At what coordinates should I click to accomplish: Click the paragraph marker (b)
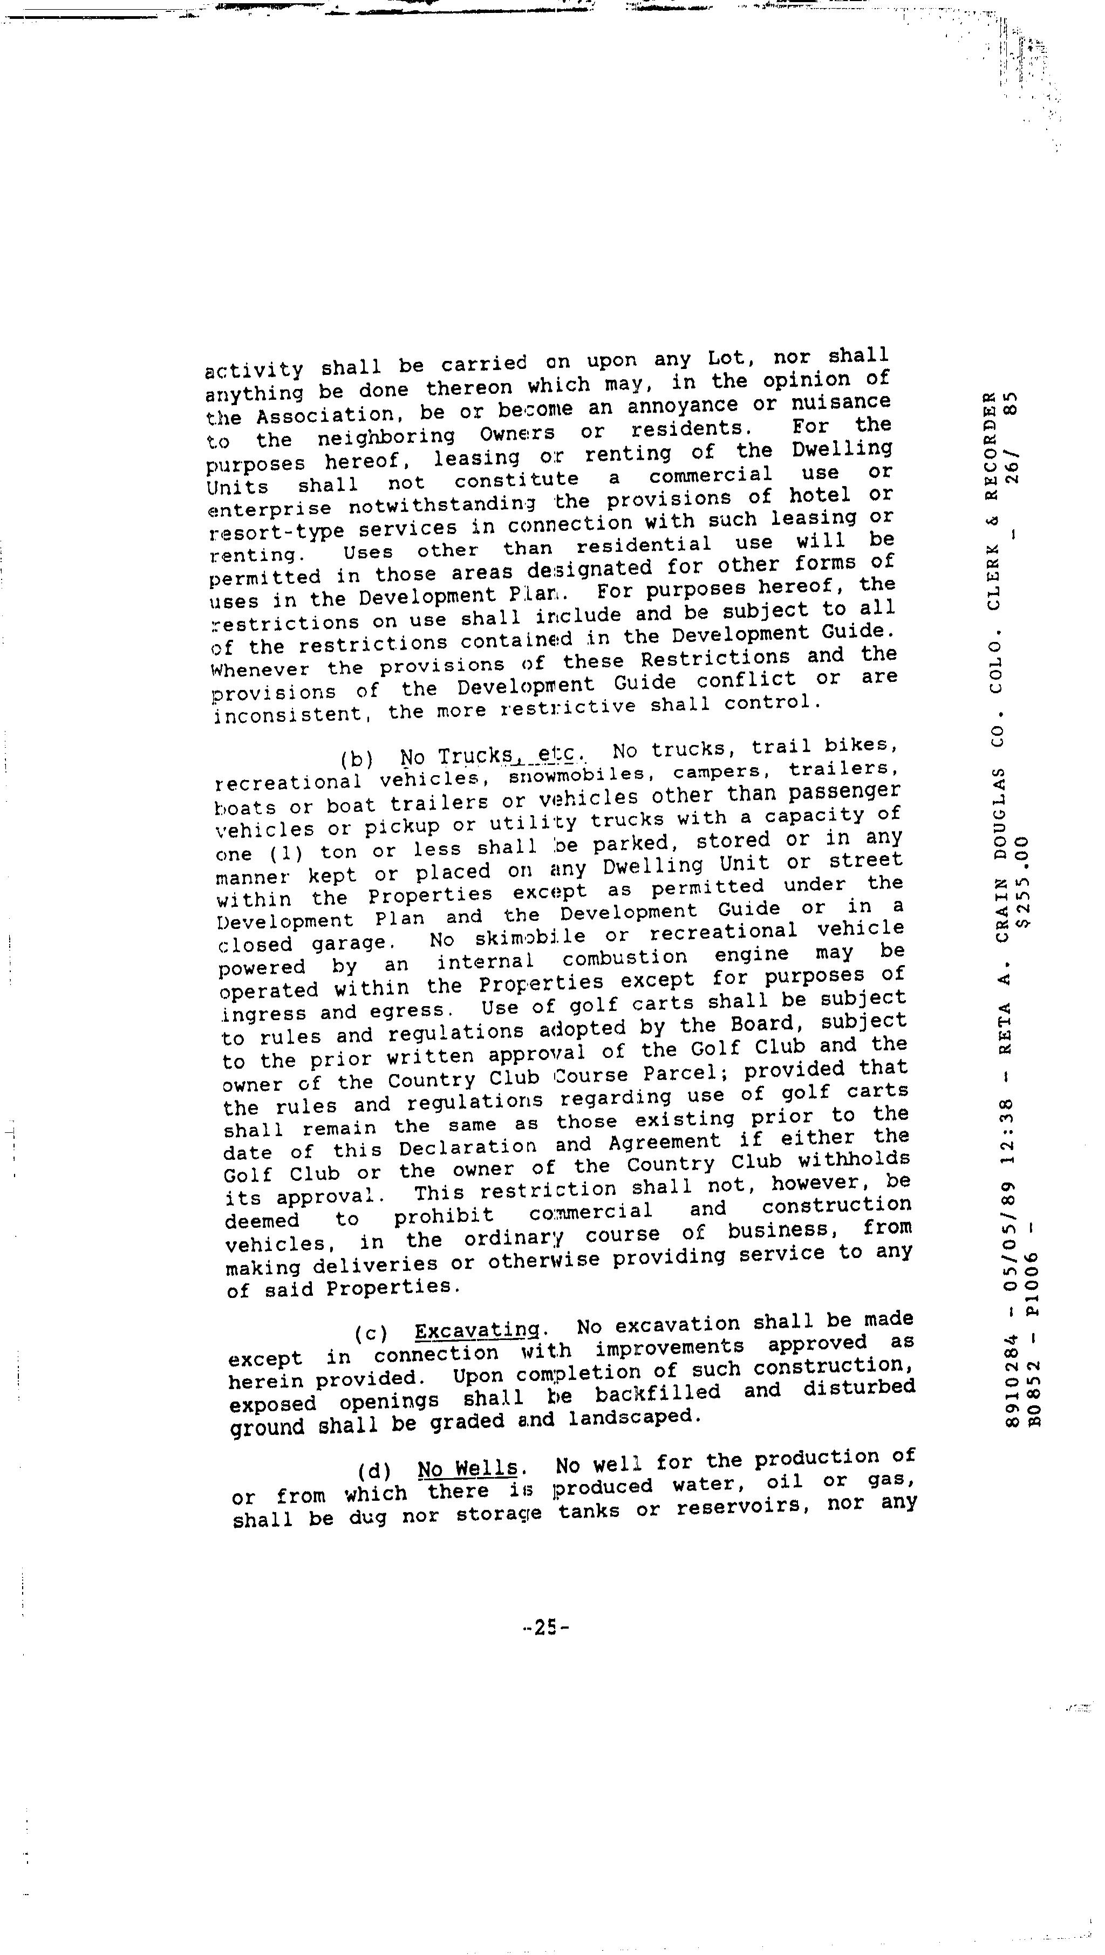point(357,759)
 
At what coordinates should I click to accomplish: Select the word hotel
point(820,496)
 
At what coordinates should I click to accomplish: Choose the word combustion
point(625,959)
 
